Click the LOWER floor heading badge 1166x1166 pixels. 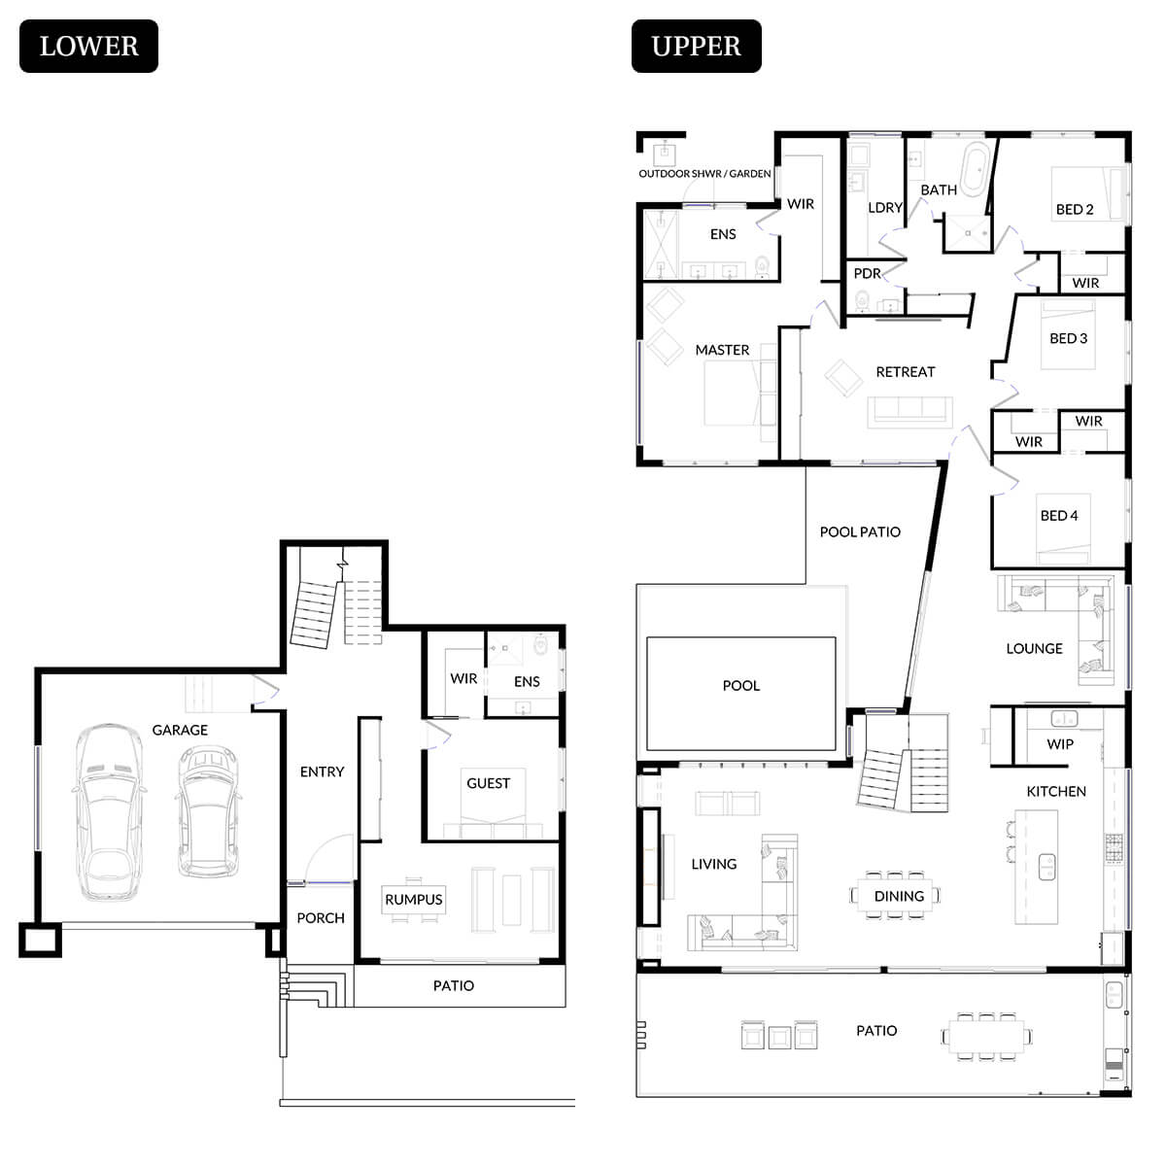(x=88, y=46)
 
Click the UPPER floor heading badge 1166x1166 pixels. (x=696, y=46)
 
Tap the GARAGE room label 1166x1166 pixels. (x=180, y=730)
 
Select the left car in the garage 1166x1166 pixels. (x=109, y=811)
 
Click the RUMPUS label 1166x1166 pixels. (x=413, y=900)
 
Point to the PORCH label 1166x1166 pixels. (x=321, y=918)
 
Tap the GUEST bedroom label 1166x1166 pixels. (x=488, y=783)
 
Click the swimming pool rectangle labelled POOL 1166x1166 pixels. (x=740, y=692)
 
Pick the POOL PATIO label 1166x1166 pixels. (x=860, y=532)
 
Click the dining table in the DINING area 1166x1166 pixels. (x=898, y=895)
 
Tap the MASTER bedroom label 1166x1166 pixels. (x=722, y=350)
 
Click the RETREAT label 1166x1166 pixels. (x=905, y=372)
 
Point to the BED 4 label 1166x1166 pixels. (x=1059, y=516)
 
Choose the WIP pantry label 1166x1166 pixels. (x=1060, y=744)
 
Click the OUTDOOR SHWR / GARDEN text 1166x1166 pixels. (x=704, y=174)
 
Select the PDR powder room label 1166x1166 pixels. (x=867, y=274)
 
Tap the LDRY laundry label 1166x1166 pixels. (x=885, y=208)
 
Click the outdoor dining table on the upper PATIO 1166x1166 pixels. (x=986, y=1036)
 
